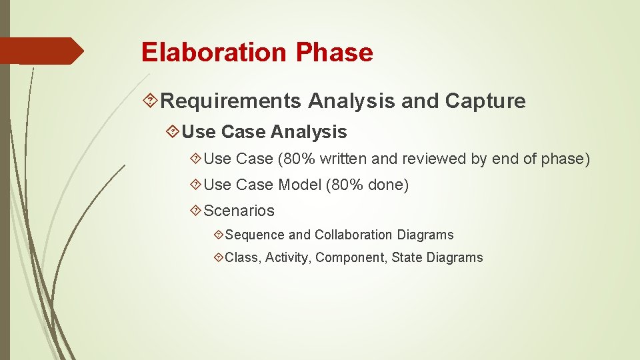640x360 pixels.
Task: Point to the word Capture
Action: [485, 101]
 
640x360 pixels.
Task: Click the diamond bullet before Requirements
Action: [151, 101]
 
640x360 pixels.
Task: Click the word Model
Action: [299, 185]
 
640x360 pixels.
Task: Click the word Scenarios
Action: [239, 211]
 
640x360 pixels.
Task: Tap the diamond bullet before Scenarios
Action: [195, 211]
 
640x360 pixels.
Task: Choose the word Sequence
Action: [255, 235]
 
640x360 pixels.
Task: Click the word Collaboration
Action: [353, 235]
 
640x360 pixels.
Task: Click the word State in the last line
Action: [407, 257]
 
